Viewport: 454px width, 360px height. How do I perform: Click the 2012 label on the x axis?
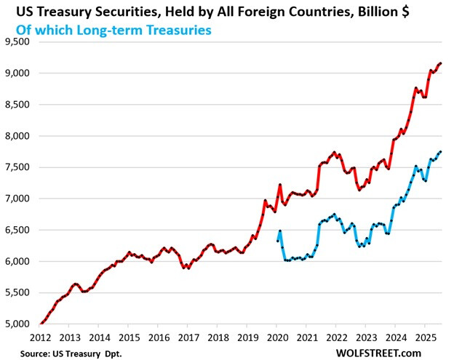40,337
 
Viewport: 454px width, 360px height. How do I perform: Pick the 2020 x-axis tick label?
277,337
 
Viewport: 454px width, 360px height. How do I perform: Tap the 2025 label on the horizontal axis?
425,337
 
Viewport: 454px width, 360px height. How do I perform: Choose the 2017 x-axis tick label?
188,337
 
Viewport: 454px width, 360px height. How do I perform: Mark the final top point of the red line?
441,63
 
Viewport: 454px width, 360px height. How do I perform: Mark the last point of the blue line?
441,151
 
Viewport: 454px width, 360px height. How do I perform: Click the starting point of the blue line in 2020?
277,241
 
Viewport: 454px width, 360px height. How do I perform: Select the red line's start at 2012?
40,324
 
